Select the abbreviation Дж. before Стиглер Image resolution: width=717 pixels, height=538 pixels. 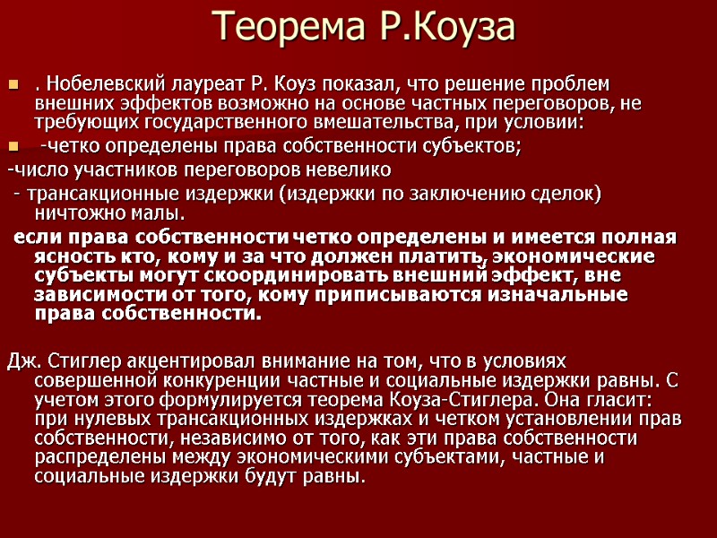[22, 361]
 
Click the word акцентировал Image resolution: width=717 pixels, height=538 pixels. [171, 361]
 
